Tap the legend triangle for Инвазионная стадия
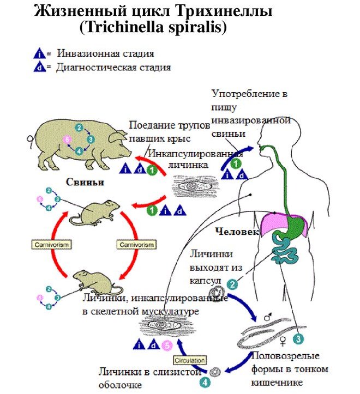click(x=39, y=54)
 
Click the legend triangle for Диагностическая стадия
click(x=39, y=68)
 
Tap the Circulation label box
click(x=190, y=360)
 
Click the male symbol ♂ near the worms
click(x=268, y=316)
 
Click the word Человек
click(x=237, y=231)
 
